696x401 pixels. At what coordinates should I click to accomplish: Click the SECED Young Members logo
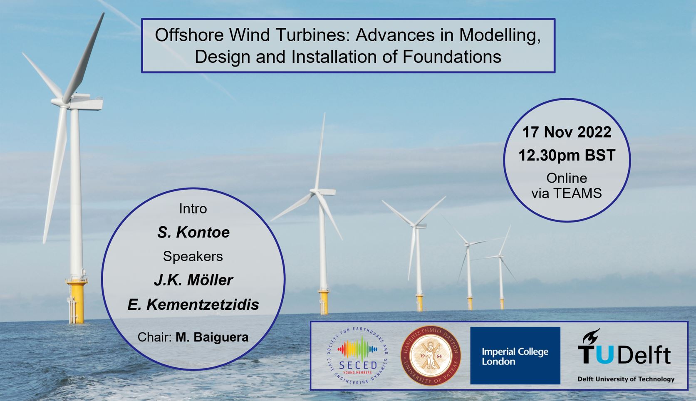pos(357,356)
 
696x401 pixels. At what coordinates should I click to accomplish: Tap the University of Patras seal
pos(431,356)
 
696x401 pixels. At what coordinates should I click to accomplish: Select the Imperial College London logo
pos(515,356)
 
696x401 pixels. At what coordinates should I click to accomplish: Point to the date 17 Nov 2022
pos(567,132)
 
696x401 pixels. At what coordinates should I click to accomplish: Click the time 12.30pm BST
pos(567,155)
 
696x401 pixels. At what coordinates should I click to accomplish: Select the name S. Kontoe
pos(193,233)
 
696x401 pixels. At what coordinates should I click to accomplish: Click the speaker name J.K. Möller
pos(193,280)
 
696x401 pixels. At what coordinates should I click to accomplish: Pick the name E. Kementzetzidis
pos(193,304)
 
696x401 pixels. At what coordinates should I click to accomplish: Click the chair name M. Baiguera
pos(212,337)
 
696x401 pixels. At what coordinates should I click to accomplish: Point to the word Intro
pos(193,209)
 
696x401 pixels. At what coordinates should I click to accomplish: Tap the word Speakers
pos(193,257)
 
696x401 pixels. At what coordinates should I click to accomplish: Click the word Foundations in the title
pos(452,57)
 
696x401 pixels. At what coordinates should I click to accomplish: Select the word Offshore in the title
pos(189,35)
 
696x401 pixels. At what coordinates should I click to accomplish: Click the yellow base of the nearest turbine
pos(77,301)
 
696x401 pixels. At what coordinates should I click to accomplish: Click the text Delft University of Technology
pos(626,379)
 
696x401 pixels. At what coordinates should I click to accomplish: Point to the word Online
pos(567,178)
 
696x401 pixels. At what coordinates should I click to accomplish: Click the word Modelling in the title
pos(500,35)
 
